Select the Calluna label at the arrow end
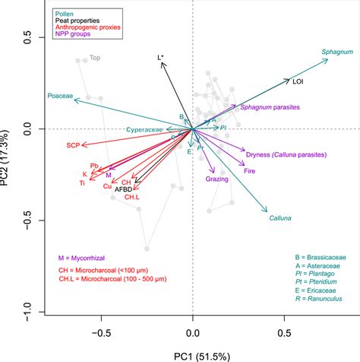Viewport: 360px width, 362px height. (x=280, y=219)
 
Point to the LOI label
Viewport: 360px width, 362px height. (x=300, y=80)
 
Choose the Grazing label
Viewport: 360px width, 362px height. (x=217, y=179)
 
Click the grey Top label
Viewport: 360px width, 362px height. (x=95, y=57)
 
